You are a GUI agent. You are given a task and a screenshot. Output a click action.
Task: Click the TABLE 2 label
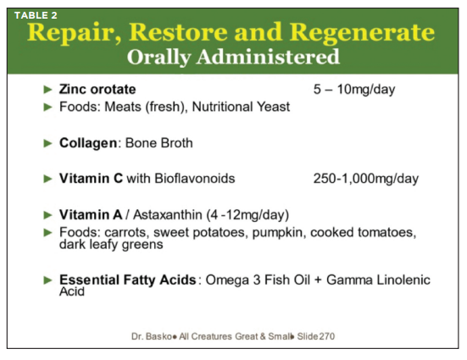click(36, 15)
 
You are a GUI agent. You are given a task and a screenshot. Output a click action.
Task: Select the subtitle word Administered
click(268, 57)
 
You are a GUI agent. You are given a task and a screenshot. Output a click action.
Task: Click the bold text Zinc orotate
click(97, 89)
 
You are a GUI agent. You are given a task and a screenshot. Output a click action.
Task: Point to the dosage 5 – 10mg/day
click(354, 89)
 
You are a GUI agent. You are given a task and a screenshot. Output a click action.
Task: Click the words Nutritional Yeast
click(241, 107)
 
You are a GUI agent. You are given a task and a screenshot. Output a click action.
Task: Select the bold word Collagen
click(88, 143)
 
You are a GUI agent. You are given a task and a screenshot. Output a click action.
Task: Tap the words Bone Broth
click(159, 143)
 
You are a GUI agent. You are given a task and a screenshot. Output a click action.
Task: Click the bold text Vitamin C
click(91, 179)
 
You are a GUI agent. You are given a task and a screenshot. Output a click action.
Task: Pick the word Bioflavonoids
click(195, 179)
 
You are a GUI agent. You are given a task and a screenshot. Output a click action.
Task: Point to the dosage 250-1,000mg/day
click(366, 179)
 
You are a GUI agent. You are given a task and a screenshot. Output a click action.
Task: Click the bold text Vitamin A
click(91, 214)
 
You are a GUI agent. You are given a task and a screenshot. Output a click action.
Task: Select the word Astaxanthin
click(167, 214)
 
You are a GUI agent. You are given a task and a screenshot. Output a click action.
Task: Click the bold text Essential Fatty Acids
click(127, 280)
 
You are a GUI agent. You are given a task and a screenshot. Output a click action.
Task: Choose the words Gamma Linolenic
click(378, 280)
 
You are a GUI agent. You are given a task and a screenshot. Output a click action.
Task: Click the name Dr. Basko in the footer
click(152, 336)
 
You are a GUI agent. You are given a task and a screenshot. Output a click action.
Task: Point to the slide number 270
click(327, 336)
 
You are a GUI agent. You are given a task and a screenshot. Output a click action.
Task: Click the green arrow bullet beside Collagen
click(48, 143)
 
